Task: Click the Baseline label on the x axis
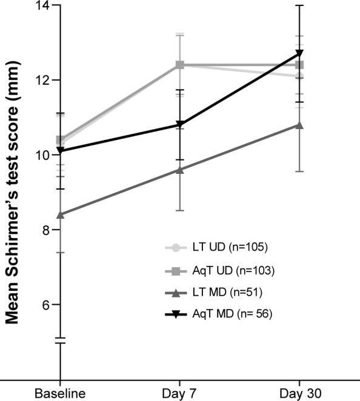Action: tap(59, 393)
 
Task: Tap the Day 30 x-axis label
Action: tap(299, 393)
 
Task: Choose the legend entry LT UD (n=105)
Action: tap(217, 247)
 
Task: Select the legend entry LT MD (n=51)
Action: tap(217, 293)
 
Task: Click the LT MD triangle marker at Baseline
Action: tap(60, 214)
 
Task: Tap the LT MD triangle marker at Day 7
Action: tap(179, 170)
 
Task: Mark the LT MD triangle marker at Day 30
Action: tap(299, 125)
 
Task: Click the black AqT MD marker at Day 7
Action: tap(179, 125)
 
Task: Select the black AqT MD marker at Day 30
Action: tap(299, 54)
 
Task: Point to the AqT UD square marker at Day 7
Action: tap(179, 65)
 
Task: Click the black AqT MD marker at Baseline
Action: tap(60, 151)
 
